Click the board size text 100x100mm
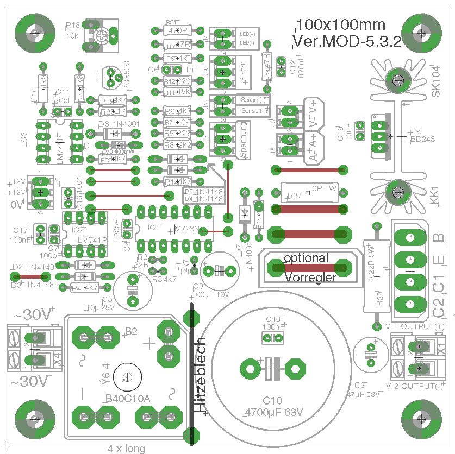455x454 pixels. (341, 24)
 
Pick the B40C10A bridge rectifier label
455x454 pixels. (128, 399)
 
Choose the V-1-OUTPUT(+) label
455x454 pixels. (414, 326)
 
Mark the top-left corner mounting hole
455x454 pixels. (35, 33)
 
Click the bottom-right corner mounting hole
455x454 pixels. (420, 419)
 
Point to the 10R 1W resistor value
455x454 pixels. (323, 189)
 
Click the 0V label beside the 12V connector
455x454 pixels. (17, 205)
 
